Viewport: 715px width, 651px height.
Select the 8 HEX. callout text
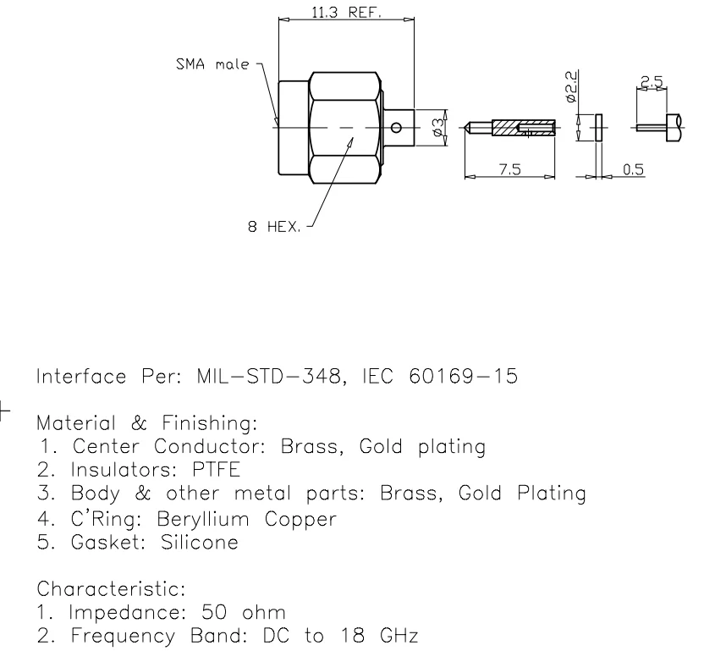coord(273,228)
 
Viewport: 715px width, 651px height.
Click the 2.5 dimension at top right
coord(652,81)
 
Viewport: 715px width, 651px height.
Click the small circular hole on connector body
coord(397,128)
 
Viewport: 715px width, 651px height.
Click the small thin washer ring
coord(598,128)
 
